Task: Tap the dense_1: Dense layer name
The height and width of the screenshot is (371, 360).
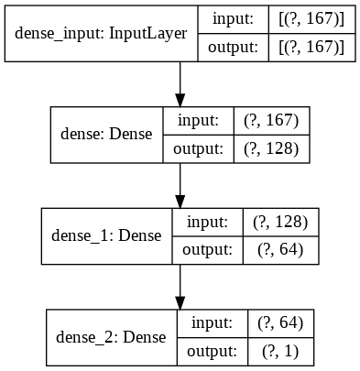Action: [x=102, y=235]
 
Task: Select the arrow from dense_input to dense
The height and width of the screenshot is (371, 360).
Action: [x=180, y=84]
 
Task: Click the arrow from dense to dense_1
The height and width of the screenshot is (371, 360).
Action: [x=180, y=186]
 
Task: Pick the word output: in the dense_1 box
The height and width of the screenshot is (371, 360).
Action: [x=208, y=249]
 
